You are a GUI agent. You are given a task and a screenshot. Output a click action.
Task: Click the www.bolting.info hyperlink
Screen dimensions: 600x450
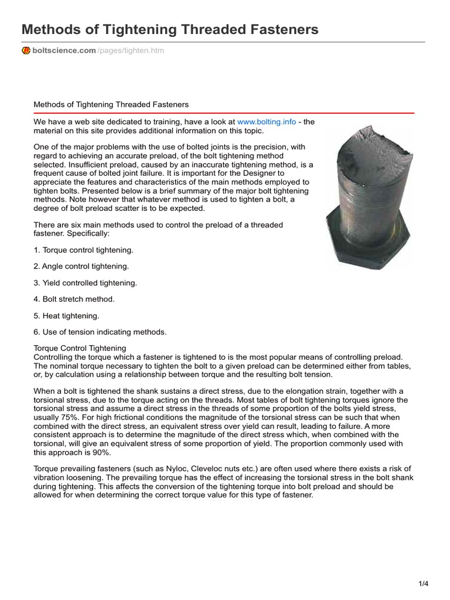click(267, 121)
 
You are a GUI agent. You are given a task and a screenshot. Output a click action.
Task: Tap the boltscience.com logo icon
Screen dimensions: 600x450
click(26, 51)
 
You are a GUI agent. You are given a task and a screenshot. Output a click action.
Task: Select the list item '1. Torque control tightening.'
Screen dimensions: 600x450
click(84, 250)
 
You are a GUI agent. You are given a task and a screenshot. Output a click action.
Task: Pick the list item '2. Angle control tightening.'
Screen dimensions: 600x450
click(81, 267)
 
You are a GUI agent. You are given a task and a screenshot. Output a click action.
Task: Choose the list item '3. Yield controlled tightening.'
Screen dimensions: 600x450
click(86, 283)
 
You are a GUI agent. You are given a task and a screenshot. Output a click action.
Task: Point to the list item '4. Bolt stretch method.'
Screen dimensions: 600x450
click(74, 299)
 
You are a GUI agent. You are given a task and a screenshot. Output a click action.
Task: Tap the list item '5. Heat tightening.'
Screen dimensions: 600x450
click(67, 316)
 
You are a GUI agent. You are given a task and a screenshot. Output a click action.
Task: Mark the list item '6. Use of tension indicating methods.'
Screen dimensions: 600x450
click(100, 332)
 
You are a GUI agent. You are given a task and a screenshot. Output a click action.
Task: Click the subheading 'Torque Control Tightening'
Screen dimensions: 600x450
click(80, 349)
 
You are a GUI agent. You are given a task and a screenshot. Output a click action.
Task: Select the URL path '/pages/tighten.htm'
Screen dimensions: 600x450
click(131, 51)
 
